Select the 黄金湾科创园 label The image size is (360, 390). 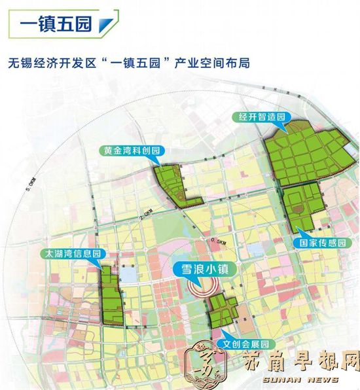[132, 151]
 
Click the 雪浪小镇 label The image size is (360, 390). [204, 268]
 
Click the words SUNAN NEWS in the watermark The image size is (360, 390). [300, 380]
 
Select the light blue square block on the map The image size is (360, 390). [130, 275]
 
